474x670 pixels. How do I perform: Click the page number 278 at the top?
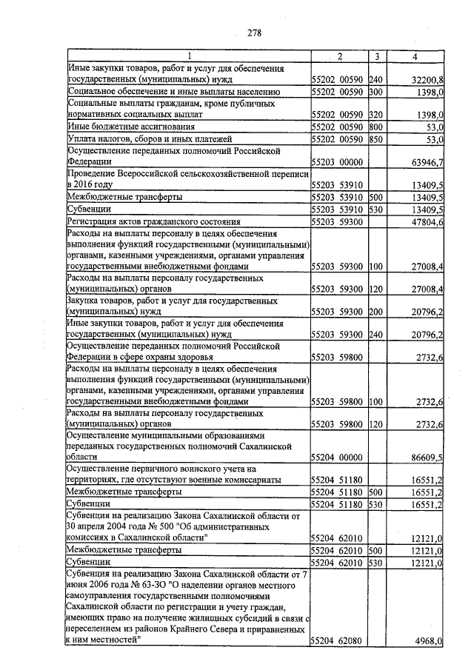(254, 32)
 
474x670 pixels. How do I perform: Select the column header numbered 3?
(377, 56)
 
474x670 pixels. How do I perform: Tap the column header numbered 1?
(188, 56)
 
